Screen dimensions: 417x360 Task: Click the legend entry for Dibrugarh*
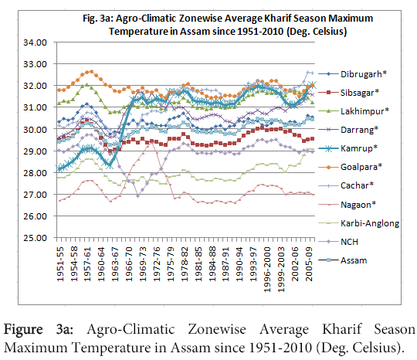(352, 74)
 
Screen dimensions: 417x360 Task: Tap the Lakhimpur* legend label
(364, 111)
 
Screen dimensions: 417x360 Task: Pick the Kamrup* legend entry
(347, 148)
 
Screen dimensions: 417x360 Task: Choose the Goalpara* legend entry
(351, 167)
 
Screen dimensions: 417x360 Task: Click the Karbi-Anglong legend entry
(359, 223)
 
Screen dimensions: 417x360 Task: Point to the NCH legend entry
(338, 242)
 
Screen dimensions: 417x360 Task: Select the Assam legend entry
(343, 260)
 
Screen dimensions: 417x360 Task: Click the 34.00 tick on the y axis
(35, 42)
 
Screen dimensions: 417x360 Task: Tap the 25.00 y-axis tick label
(35, 238)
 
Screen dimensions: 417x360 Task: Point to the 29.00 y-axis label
(35, 151)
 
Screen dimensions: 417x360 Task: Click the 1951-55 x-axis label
(60, 264)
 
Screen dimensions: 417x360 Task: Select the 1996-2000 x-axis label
(267, 270)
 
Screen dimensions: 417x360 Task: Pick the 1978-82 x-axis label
(185, 264)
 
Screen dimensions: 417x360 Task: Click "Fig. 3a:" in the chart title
(98, 19)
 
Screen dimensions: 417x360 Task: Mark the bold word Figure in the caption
(23, 330)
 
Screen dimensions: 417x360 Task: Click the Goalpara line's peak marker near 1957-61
(91, 71)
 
